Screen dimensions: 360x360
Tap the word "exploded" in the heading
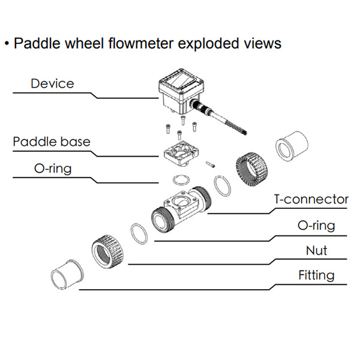[213, 43]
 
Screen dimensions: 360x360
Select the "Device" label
[52, 83]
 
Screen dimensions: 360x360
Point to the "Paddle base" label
[52, 142]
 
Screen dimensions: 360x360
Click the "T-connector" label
[310, 199]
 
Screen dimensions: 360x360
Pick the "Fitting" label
[316, 275]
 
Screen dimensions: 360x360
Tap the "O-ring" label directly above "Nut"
[316, 226]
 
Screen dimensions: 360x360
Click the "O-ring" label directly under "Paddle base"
[52, 168]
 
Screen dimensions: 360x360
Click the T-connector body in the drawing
[183, 208]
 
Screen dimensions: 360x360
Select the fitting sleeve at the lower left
[67, 277]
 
